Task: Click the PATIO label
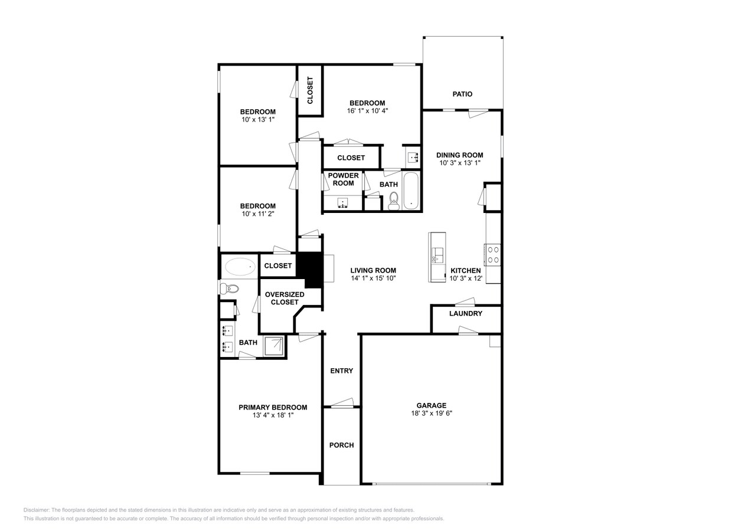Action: [462, 94]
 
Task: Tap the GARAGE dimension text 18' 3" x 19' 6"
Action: [432, 414]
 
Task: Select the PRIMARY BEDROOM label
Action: [273, 407]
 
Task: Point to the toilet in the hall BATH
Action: [394, 201]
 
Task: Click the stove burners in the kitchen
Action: [493, 254]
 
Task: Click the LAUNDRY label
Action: [466, 313]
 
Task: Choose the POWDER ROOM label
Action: [343, 179]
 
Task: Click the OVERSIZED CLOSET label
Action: [285, 298]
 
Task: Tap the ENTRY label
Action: [341, 371]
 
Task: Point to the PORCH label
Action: [341, 445]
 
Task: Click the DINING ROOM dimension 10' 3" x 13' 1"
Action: [460, 163]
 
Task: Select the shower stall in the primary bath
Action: [274, 346]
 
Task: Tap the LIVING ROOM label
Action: [373, 270]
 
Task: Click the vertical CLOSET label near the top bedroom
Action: [310, 90]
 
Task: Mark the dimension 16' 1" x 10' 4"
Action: [367, 110]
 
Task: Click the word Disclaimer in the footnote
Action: [36, 510]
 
